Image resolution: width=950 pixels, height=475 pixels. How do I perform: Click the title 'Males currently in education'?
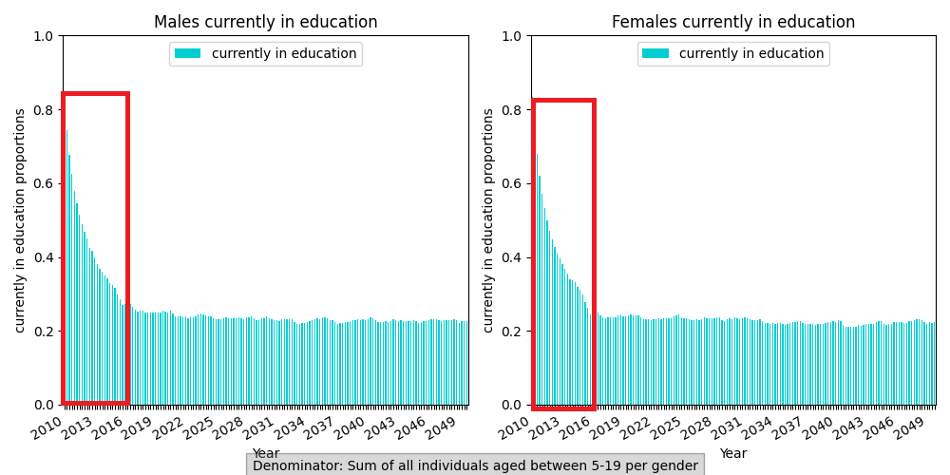(265, 22)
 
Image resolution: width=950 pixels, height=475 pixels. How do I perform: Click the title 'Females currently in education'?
(732, 22)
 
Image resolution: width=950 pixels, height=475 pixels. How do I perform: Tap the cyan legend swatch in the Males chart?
(187, 54)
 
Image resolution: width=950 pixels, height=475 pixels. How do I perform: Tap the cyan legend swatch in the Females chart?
(655, 54)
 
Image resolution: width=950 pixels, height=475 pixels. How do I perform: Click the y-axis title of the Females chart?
(489, 219)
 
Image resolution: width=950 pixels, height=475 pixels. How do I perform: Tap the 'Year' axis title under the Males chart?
(265, 453)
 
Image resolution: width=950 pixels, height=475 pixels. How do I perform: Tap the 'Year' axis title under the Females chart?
(732, 453)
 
